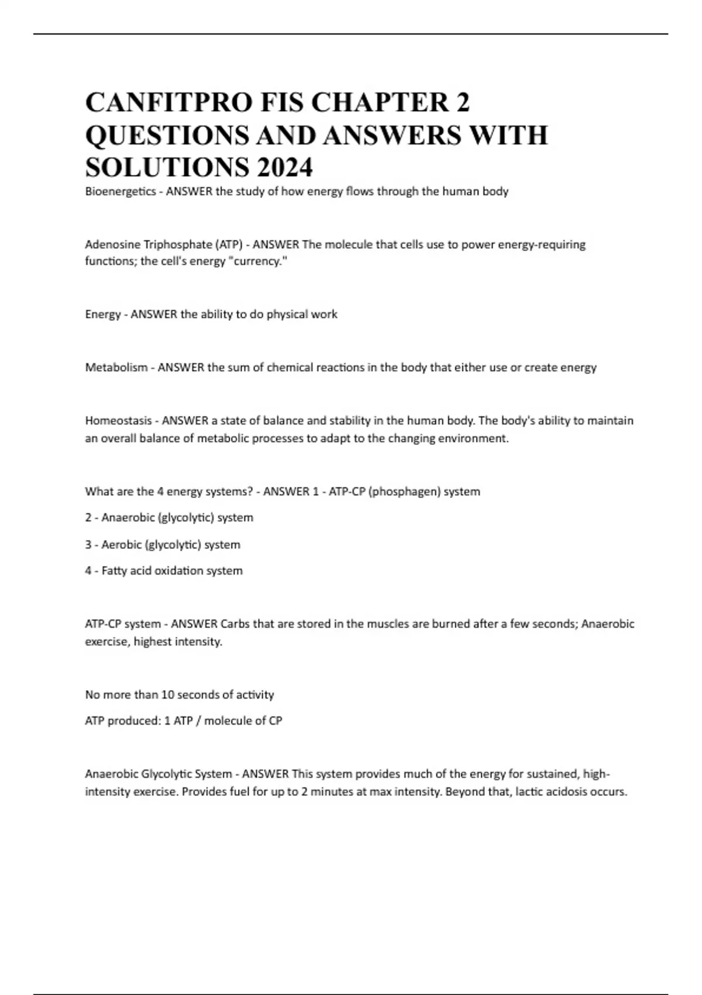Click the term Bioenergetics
point(121,192)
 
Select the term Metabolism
point(116,368)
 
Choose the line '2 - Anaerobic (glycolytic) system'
point(169,518)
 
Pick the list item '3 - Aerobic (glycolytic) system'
point(163,545)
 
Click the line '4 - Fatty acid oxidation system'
point(164,571)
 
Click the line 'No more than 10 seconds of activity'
point(180,695)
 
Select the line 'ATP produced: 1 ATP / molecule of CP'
point(184,721)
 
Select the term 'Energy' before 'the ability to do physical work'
point(102,315)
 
